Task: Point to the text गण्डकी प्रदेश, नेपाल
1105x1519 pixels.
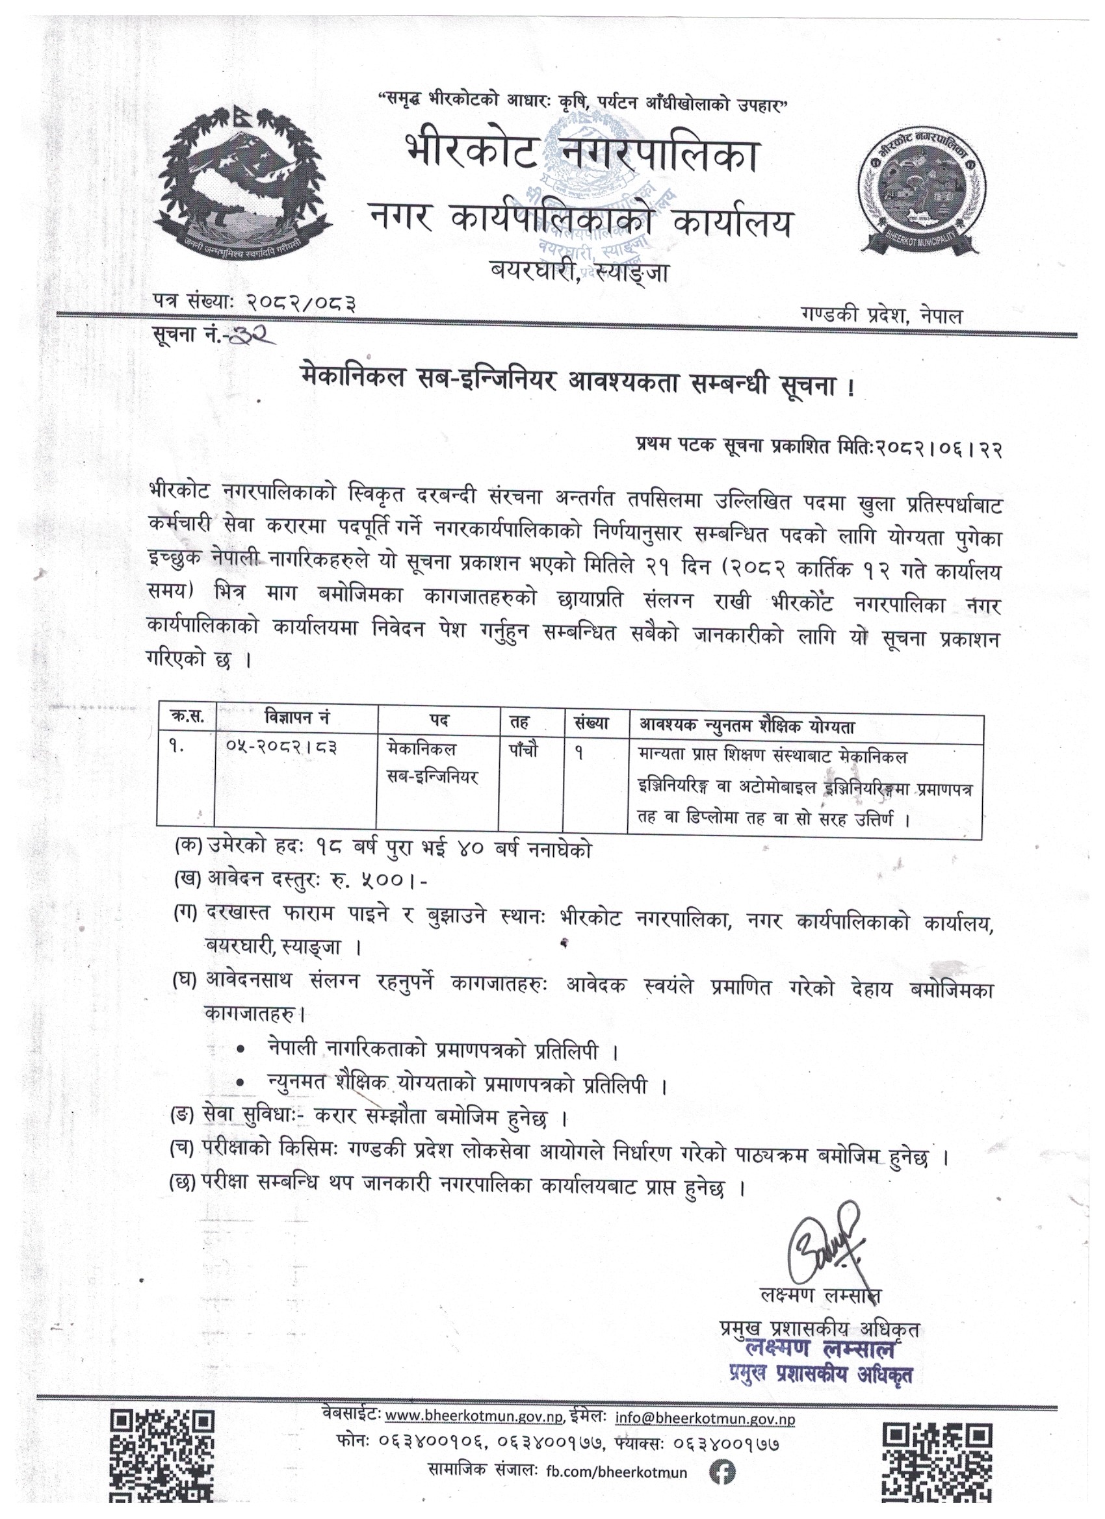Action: point(881,316)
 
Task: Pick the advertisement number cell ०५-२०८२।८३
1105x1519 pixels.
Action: point(281,747)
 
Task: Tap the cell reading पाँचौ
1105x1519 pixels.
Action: point(523,751)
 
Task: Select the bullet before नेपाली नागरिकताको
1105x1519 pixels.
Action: point(240,1051)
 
